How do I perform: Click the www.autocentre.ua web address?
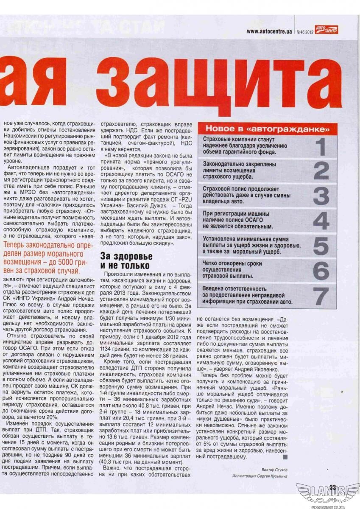coord(269,31)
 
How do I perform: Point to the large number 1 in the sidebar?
coord(321,147)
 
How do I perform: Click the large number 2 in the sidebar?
coord(321,171)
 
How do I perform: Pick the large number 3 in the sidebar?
coord(321,196)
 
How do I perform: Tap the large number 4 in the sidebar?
coord(321,220)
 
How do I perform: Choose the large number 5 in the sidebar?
coord(321,246)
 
